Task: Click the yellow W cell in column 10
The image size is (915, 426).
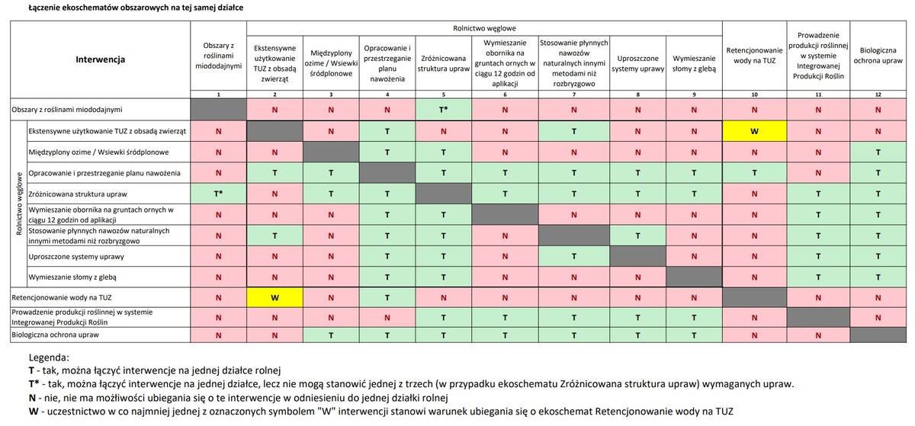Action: point(754,130)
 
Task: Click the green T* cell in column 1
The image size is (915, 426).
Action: point(218,194)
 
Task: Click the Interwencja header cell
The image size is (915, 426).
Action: point(100,59)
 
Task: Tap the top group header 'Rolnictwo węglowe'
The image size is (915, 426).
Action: point(483,27)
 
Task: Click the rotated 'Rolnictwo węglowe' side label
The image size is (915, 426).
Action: point(18,203)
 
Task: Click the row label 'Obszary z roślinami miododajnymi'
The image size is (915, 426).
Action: point(67,109)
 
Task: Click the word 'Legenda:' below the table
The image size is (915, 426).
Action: point(49,357)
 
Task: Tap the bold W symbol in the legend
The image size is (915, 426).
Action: point(32,412)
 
